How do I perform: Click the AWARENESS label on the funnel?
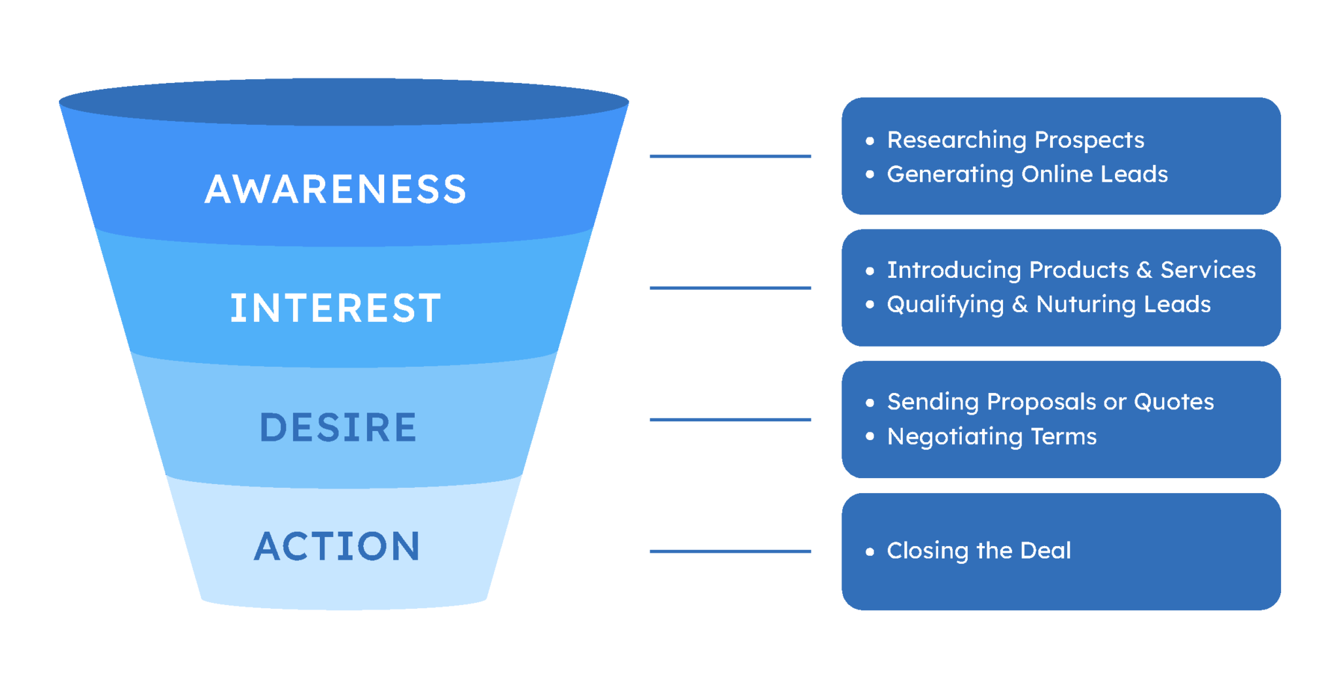coord(336,190)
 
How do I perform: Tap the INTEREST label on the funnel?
coord(336,308)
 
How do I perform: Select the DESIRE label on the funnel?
coord(338,428)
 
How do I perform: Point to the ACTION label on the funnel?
coord(337,547)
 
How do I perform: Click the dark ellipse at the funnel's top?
coord(344,102)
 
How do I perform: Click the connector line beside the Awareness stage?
coord(730,156)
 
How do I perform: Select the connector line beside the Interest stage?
coord(730,288)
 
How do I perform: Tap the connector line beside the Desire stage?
coord(730,420)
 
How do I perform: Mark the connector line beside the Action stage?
coord(730,551)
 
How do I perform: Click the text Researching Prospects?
coord(1015,140)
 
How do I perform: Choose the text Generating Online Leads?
coord(1027,174)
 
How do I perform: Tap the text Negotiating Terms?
coord(991,436)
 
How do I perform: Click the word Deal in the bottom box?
coord(1045,551)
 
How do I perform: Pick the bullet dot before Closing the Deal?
coord(870,552)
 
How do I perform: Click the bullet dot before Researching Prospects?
coord(870,141)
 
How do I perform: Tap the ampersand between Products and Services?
coord(1144,270)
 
